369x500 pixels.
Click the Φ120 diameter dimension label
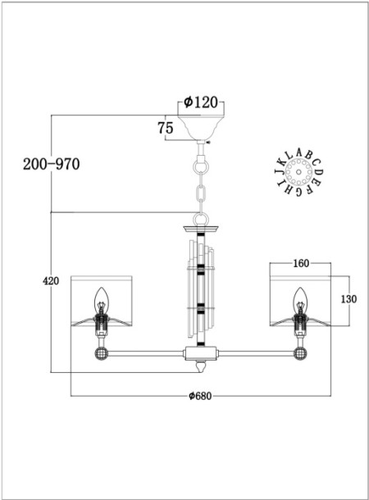(x=200, y=102)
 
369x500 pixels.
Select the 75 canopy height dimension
(x=164, y=128)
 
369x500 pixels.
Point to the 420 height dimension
(x=51, y=281)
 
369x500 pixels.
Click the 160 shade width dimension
(x=300, y=264)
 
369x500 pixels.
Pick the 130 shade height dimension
(x=348, y=298)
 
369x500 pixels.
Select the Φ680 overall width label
(x=201, y=395)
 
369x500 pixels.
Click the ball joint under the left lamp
(x=102, y=353)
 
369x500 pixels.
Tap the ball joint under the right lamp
(x=299, y=353)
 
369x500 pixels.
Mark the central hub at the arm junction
(x=201, y=354)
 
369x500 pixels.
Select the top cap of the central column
(x=201, y=224)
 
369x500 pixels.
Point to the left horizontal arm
(x=148, y=354)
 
